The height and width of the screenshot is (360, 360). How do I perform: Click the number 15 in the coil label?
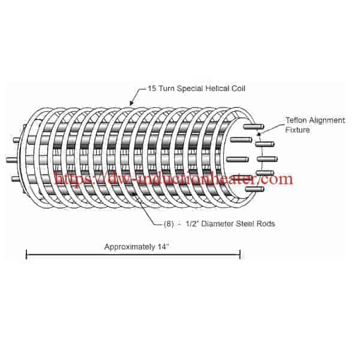click(x=152, y=88)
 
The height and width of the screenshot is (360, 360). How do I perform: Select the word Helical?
click(x=217, y=88)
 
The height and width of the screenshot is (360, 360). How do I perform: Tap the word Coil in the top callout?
click(x=238, y=88)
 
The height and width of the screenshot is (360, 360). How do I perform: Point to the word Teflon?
click(x=296, y=121)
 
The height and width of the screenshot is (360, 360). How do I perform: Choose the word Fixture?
click(x=298, y=130)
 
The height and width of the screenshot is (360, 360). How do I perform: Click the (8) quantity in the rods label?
click(x=169, y=224)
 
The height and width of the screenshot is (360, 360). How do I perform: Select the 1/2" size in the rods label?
click(x=192, y=223)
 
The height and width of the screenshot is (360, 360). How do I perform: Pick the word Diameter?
click(x=217, y=224)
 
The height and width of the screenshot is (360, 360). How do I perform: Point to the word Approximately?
click(x=130, y=247)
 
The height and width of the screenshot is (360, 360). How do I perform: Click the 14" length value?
click(x=163, y=247)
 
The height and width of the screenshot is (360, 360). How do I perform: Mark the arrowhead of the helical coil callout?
click(x=131, y=103)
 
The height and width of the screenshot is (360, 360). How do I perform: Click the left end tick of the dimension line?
click(x=26, y=254)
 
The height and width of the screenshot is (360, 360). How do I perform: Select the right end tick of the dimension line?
click(x=240, y=254)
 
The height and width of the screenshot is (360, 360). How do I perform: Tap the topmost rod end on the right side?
click(x=253, y=127)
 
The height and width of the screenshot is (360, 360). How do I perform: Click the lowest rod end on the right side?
click(x=255, y=190)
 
